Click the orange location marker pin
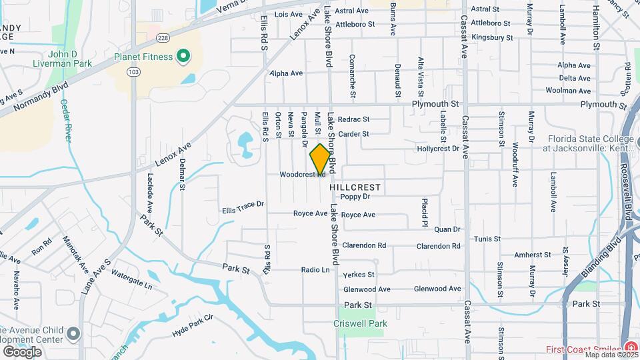click(x=320, y=159)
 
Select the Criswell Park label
click(x=360, y=323)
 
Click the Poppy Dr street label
click(x=355, y=197)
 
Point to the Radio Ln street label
click(x=315, y=270)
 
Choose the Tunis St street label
click(x=487, y=239)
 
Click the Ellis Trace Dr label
click(x=243, y=207)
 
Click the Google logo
click(x=22, y=351)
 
